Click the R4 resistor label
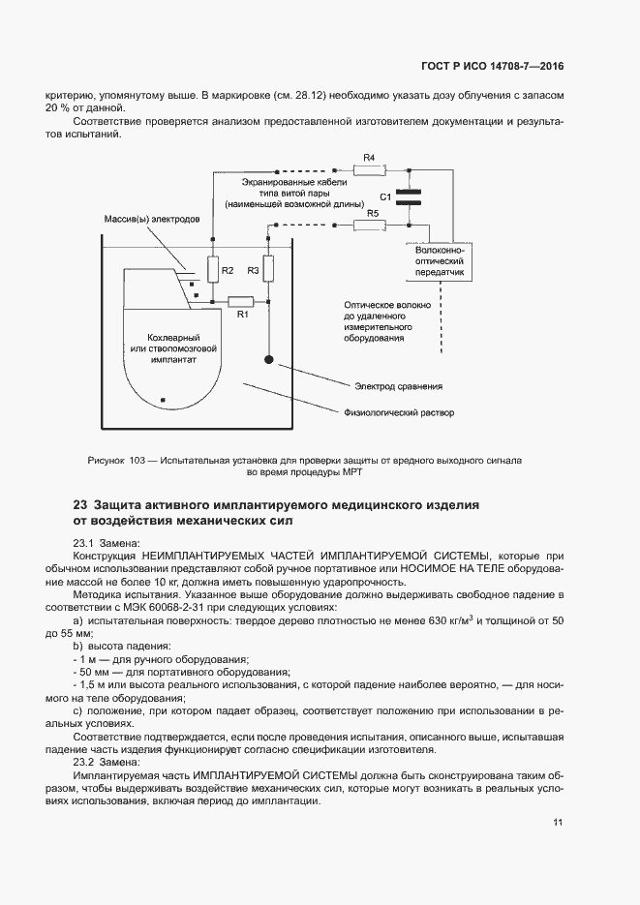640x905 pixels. click(x=368, y=157)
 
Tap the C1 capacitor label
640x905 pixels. click(x=385, y=196)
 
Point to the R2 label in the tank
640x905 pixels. click(x=227, y=270)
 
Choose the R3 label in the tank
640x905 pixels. click(x=253, y=270)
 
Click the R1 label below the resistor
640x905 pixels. click(x=243, y=315)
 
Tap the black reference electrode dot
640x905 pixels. click(x=269, y=360)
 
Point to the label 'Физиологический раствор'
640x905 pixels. click(x=399, y=412)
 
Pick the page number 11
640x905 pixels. click(x=558, y=823)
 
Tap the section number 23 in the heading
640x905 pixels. click(x=80, y=505)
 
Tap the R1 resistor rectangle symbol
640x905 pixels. click(x=239, y=300)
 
